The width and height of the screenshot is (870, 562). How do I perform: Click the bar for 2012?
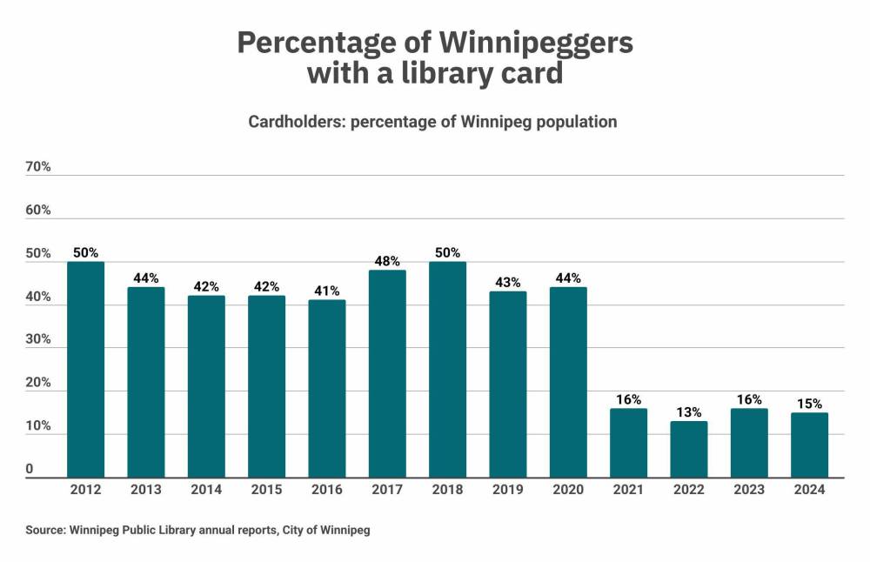[x=85, y=370]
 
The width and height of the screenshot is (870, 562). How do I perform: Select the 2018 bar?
[x=447, y=370]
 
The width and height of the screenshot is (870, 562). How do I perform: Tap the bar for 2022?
[x=689, y=449]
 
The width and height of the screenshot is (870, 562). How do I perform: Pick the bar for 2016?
[x=327, y=389]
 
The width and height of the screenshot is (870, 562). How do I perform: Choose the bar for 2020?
[x=568, y=382]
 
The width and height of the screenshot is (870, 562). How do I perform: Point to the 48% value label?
[x=387, y=261]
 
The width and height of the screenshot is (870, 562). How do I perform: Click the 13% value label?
[x=689, y=412]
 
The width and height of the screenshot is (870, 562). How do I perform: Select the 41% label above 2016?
[x=327, y=291]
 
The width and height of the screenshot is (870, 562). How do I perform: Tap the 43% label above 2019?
[x=508, y=283]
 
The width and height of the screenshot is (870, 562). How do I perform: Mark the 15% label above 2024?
[x=810, y=404]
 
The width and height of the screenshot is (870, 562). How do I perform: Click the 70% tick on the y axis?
[x=39, y=167]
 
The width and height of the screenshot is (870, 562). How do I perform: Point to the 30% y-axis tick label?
[x=39, y=340]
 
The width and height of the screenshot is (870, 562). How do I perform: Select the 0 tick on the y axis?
[x=29, y=470]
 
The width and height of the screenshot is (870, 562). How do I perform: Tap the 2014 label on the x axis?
[x=206, y=491]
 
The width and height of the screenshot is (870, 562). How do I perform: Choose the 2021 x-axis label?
[x=628, y=491]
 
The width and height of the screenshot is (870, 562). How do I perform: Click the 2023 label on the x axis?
[x=749, y=491]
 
